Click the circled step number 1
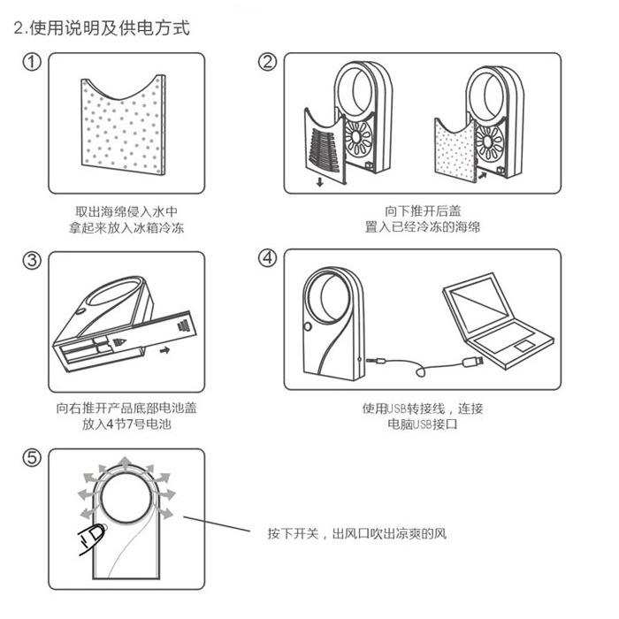click(x=32, y=63)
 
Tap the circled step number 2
click(x=268, y=63)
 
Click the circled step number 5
click(x=32, y=458)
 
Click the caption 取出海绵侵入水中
click(x=126, y=212)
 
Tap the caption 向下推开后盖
click(x=423, y=211)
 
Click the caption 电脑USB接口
click(x=423, y=425)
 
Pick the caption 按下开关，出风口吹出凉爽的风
click(x=358, y=535)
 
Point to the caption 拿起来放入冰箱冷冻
click(x=126, y=228)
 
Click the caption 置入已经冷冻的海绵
click(x=422, y=228)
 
